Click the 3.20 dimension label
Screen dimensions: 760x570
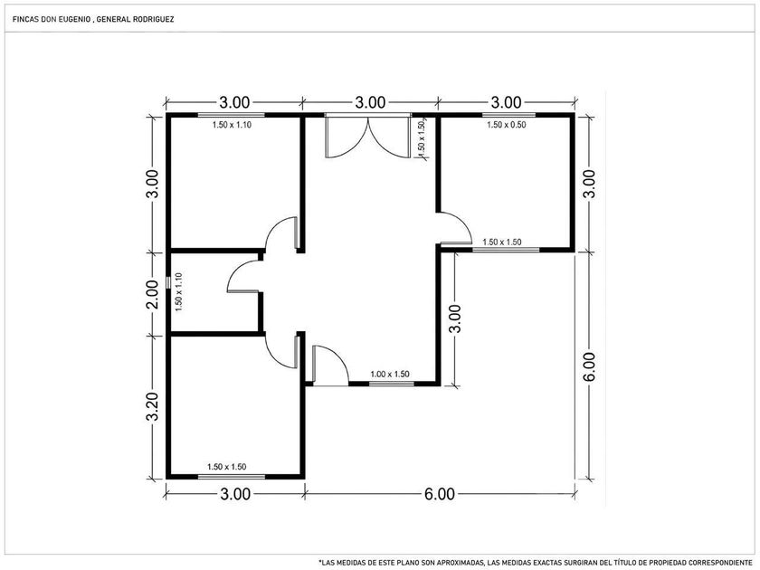153,408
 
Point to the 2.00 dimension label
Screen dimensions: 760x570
153,294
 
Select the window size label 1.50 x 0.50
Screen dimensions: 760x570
506,125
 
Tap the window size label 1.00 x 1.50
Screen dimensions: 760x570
390,375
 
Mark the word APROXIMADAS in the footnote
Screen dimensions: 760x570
461,562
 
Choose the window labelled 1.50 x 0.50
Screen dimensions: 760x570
508,116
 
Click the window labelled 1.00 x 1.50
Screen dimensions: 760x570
392,384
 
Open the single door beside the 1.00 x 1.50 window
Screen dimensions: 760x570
330,366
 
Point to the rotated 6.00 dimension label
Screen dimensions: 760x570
588,367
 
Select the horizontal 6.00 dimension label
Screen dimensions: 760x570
440,494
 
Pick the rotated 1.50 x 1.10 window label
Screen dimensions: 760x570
179,292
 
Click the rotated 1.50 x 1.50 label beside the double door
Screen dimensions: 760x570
421,139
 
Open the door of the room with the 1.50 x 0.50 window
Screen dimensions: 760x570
454,228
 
